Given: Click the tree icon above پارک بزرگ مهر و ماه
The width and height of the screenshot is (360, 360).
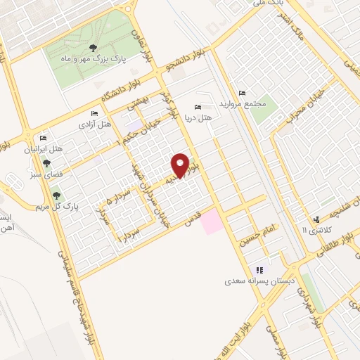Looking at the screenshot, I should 93,47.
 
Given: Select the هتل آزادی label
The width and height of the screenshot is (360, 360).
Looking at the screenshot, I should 94,124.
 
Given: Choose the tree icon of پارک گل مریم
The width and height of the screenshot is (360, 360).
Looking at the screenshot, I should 56,195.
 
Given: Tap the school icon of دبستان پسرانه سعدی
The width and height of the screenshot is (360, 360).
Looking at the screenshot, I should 259,269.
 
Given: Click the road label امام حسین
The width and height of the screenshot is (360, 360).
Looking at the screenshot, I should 257,232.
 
